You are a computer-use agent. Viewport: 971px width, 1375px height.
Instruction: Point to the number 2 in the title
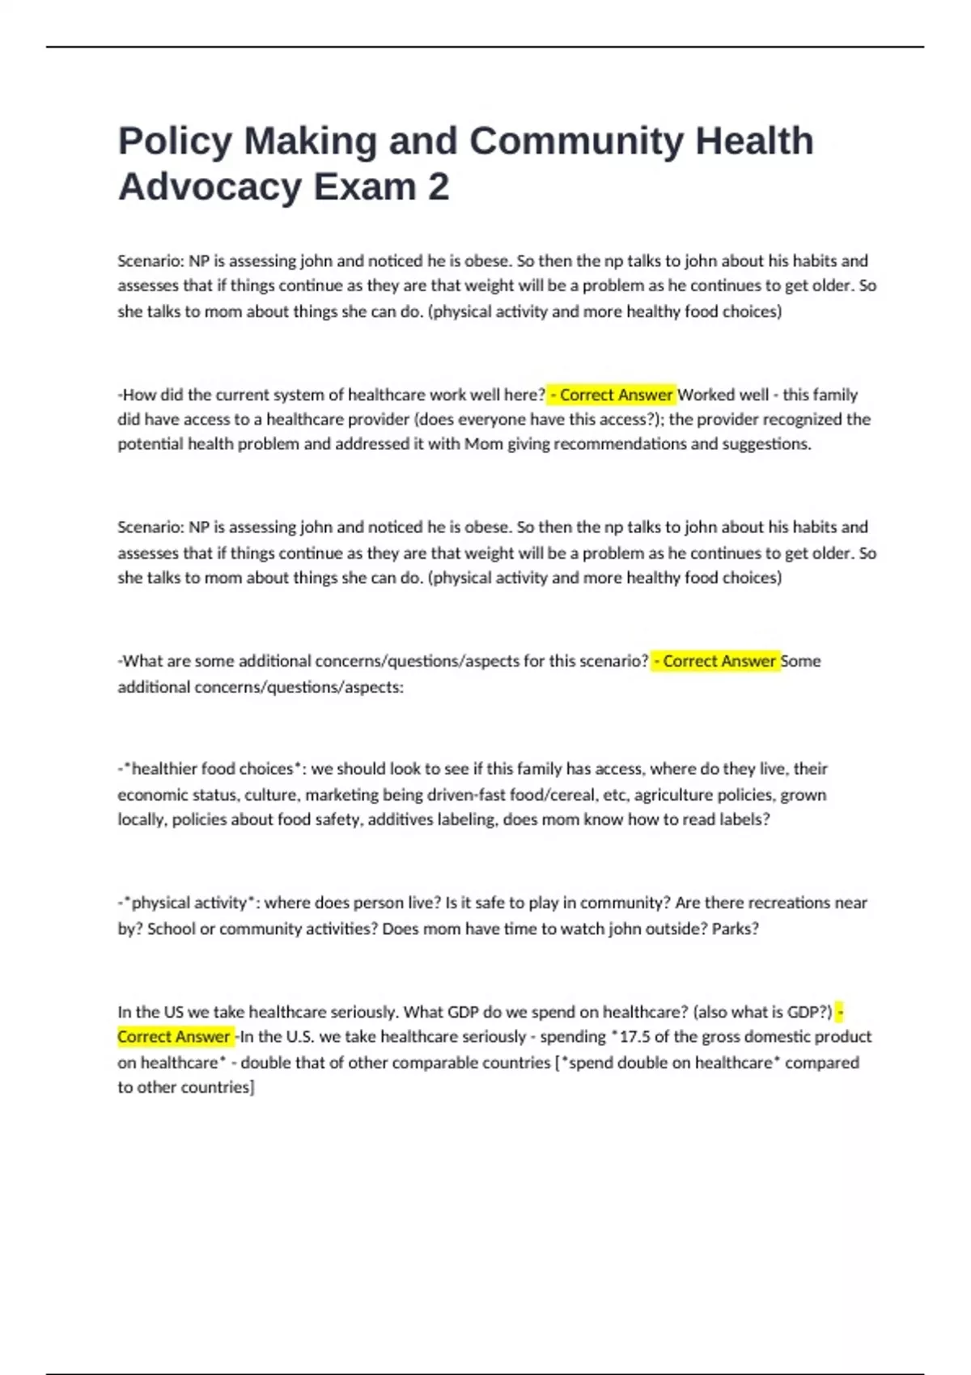tap(438, 188)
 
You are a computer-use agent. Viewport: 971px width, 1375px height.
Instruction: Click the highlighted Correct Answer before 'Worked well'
tap(612, 395)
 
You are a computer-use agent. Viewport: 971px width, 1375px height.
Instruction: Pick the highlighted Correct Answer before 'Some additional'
tap(715, 661)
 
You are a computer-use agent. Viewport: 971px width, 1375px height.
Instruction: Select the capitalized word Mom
tap(483, 444)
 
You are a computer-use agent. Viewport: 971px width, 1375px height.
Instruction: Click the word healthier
tap(164, 768)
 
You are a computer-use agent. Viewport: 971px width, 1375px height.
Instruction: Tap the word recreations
tap(791, 903)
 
